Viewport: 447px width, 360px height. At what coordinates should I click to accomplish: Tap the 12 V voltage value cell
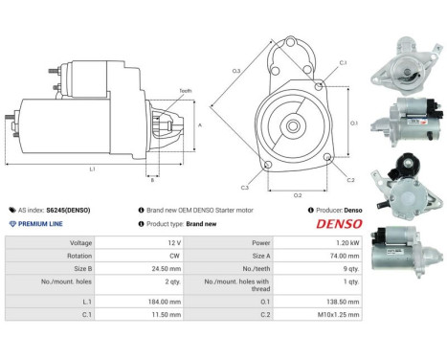[x=172, y=243]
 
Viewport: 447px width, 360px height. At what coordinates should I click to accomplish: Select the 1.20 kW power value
[x=346, y=243]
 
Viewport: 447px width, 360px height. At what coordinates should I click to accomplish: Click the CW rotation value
[x=171, y=257]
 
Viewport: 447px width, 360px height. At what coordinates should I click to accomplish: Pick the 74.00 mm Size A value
[x=342, y=257]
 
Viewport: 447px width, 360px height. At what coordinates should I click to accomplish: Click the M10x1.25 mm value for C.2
[x=339, y=313]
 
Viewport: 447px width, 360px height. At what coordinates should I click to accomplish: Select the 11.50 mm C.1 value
[x=166, y=313]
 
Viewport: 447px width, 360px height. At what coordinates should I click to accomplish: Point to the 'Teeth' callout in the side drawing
[x=184, y=90]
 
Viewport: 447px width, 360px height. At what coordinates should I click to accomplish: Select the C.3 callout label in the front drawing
[x=245, y=188]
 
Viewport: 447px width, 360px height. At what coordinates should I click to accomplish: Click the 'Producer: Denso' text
[x=337, y=209]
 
